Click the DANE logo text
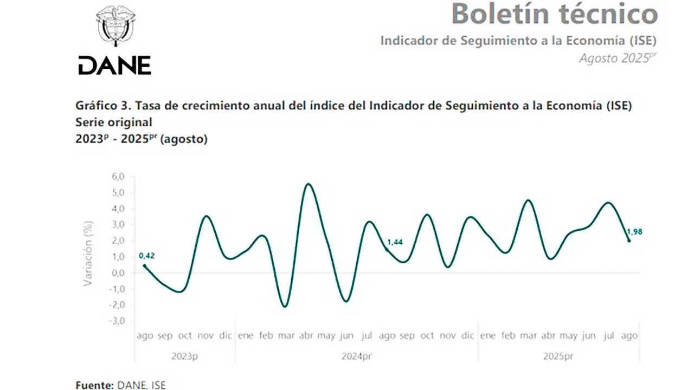click(x=115, y=66)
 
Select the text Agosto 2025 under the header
click(x=614, y=58)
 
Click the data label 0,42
click(x=147, y=256)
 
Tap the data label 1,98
click(x=634, y=232)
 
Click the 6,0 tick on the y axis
click(x=118, y=177)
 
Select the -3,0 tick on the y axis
click(x=117, y=321)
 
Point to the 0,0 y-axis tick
click(x=118, y=272)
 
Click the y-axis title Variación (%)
click(x=88, y=253)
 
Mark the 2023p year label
click(x=185, y=356)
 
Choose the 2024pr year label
click(x=357, y=356)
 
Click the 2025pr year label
click(x=558, y=356)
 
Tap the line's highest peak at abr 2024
click(x=308, y=184)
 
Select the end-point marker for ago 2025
click(x=629, y=240)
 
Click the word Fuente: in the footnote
click(x=94, y=385)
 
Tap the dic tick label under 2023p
click(x=226, y=336)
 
